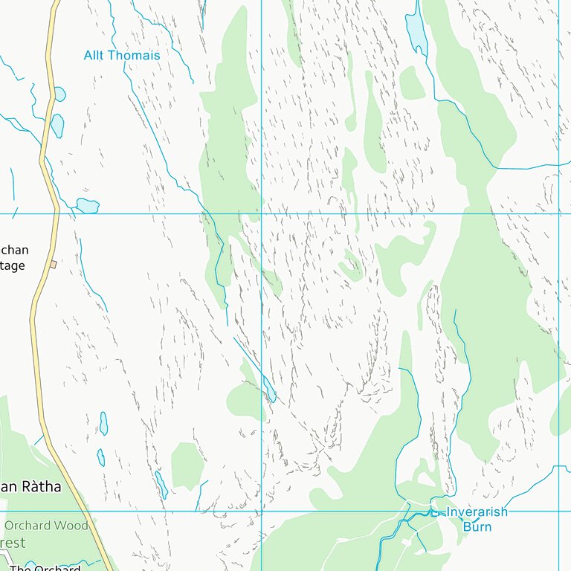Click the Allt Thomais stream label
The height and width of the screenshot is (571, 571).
tap(122, 55)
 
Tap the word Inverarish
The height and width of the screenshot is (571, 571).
tap(477, 512)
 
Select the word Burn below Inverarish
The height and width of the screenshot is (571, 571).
tap(477, 526)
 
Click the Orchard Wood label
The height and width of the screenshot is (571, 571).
tap(46, 526)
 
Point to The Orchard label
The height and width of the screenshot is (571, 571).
tap(45, 569)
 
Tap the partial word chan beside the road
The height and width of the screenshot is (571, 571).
tap(14, 250)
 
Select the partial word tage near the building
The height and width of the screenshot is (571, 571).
tap(13, 265)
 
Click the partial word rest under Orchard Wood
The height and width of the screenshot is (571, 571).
tap(13, 543)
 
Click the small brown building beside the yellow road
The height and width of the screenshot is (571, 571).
tap(53, 264)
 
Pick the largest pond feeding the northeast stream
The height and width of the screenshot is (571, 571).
tap(416, 30)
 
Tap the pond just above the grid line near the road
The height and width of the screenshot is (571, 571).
tap(88, 205)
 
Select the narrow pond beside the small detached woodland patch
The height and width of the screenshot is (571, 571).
tap(161, 484)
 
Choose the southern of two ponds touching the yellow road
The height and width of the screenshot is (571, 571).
tap(57, 125)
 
